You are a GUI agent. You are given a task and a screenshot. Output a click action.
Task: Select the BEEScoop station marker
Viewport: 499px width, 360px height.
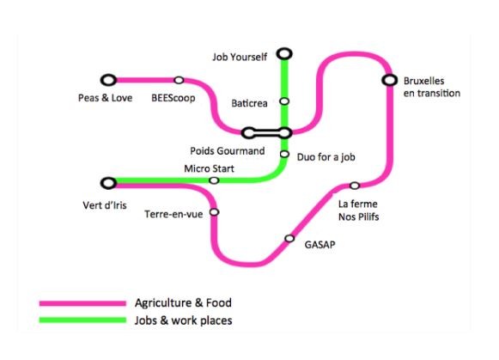coord(179,80)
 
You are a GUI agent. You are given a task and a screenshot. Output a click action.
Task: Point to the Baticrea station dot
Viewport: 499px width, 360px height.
coord(284,101)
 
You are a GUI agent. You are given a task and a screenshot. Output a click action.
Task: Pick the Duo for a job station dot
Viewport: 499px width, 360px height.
coord(284,154)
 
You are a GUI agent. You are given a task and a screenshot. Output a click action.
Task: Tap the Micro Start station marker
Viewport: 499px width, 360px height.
coord(214,180)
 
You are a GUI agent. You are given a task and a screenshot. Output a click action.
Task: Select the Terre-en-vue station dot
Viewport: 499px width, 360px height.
coord(215,211)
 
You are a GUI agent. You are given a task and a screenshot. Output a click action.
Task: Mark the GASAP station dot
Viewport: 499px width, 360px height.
coord(289,238)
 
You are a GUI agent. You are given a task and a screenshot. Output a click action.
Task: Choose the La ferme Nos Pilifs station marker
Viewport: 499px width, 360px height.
coord(355,186)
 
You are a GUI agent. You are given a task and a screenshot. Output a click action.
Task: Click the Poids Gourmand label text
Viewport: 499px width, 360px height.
coord(228,151)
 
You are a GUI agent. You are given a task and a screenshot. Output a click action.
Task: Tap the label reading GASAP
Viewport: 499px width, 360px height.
coord(319,245)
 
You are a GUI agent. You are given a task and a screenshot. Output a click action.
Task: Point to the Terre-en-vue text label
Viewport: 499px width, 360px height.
coord(173,214)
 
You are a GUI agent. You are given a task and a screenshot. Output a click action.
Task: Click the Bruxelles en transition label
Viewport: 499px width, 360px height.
coord(432,87)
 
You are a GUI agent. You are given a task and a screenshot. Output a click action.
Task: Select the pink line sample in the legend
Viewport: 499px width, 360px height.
coord(82,303)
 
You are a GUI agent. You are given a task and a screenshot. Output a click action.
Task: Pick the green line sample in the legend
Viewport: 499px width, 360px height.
coord(82,320)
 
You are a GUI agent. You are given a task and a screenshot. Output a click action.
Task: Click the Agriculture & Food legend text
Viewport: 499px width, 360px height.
coord(183,302)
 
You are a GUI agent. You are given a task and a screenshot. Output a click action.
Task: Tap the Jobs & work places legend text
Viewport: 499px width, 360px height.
coord(183,320)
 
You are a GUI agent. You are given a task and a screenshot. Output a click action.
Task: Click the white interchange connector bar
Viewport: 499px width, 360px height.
coord(267,133)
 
